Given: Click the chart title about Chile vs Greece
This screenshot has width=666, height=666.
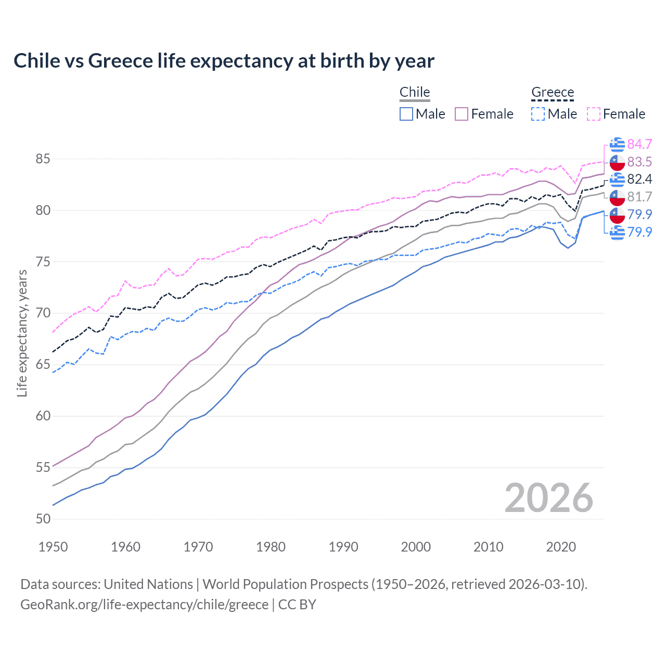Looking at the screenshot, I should point(224,61).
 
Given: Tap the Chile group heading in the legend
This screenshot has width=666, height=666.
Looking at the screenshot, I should point(415,92).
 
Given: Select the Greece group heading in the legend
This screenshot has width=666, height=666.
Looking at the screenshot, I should point(553,92).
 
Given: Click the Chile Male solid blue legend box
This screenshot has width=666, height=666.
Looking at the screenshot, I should point(406,114).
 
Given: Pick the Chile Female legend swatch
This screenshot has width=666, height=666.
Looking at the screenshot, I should point(462,114).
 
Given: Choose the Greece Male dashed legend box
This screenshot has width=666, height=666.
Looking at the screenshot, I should point(538,114).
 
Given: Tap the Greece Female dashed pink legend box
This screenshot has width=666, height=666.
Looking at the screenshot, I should point(593,114).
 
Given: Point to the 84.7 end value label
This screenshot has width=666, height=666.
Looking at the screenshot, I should point(639,144).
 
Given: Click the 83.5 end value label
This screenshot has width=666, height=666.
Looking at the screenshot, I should point(639,162).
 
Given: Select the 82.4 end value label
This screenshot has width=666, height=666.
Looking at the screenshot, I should point(639,180).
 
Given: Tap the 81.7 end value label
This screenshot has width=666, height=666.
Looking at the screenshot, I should point(639,197).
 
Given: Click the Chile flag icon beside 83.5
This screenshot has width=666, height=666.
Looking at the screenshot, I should point(617,162).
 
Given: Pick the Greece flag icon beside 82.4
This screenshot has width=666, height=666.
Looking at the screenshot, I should point(617,180).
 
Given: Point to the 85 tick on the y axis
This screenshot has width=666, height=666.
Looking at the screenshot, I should point(43,159).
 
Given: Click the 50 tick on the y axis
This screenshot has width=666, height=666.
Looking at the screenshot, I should point(43,519).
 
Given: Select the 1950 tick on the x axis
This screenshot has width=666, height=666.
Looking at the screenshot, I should point(53,547).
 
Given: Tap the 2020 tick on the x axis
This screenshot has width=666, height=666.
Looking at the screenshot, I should point(561,547).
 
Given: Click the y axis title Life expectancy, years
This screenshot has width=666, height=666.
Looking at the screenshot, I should point(22,333).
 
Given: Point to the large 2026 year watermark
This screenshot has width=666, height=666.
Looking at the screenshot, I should point(548,498).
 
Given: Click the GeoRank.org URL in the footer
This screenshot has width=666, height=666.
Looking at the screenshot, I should point(144,604).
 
